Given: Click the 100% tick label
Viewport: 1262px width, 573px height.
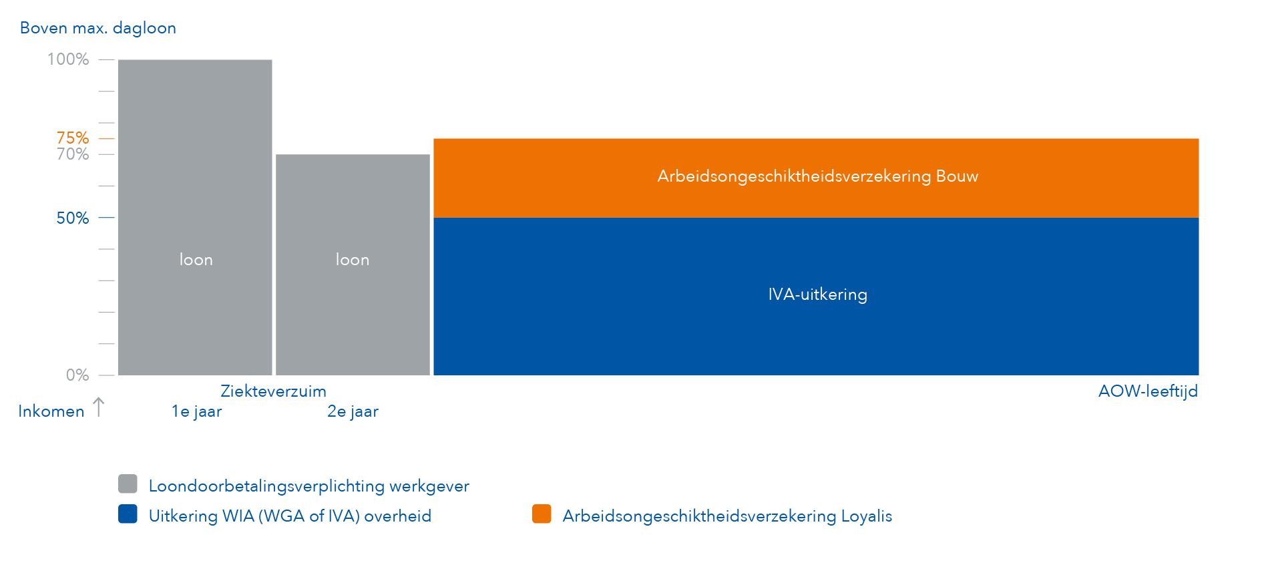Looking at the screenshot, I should [68, 59].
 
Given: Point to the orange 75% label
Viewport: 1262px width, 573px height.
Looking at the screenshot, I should [72, 138].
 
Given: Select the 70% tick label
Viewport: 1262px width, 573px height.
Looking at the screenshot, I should [72, 154].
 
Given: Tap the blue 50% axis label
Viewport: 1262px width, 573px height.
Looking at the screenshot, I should [72, 218].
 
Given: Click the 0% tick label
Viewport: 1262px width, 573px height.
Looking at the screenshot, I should [77, 375].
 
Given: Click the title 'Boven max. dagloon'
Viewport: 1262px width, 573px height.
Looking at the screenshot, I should [98, 28].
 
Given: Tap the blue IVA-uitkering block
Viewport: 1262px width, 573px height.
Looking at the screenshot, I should [816, 327].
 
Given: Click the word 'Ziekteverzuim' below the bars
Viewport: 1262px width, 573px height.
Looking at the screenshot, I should [273, 391].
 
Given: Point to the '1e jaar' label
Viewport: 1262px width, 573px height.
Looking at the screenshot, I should [196, 411].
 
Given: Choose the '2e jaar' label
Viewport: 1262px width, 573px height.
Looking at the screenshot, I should [353, 411].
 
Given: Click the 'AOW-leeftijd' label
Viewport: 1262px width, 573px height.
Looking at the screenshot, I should [1148, 391].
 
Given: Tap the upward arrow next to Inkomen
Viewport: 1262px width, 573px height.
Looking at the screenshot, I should [99, 407].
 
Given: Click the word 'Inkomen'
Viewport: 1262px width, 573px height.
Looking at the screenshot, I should [51, 411].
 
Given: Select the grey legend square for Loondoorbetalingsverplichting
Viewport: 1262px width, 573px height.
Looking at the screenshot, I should [128, 484].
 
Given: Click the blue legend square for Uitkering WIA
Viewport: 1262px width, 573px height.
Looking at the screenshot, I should [128, 514].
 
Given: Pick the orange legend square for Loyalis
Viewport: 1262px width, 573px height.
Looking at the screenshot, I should [542, 514].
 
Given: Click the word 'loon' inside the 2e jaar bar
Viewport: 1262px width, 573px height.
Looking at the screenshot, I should [353, 260].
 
